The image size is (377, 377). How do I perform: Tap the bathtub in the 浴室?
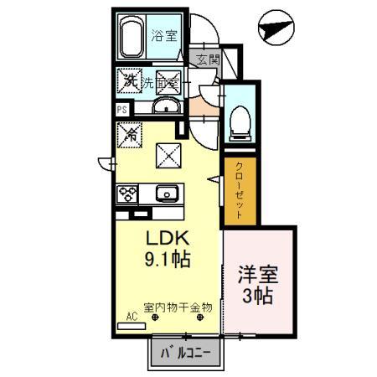(132, 39)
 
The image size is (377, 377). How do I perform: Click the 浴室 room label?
(163, 37)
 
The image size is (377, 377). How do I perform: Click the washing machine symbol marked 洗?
(130, 80)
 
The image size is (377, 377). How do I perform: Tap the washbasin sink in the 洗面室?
(165, 105)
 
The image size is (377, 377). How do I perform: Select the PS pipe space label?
(121, 109)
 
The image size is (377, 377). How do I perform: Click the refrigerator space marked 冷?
(131, 132)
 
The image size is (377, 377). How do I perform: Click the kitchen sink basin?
(167, 194)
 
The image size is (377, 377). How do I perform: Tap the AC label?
(131, 316)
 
